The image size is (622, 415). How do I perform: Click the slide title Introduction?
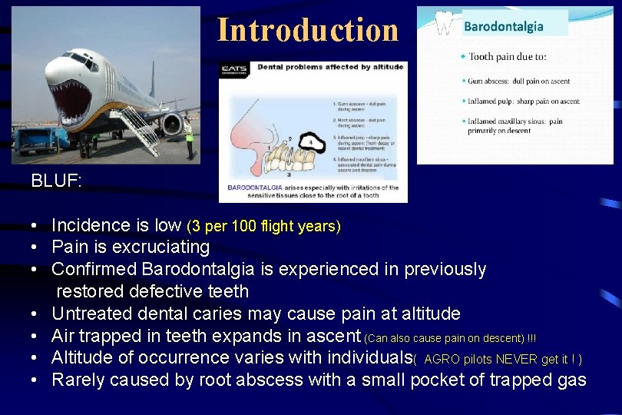308,29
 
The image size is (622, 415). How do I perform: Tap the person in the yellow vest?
189,137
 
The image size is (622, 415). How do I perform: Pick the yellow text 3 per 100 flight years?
263,226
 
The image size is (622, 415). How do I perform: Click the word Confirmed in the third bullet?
94,270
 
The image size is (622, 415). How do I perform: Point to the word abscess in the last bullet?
276,380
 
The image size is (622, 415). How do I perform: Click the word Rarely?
78,380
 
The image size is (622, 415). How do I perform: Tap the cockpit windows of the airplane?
79,58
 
